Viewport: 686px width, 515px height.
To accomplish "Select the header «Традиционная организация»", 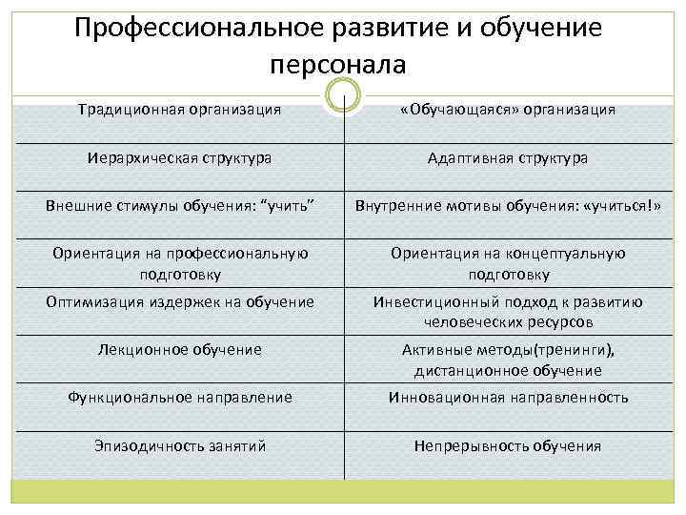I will (179, 109).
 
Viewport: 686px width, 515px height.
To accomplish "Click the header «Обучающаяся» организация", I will (508, 110).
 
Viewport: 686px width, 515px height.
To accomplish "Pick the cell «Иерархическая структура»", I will (179, 156).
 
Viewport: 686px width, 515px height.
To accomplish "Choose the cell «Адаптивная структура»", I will (508, 157).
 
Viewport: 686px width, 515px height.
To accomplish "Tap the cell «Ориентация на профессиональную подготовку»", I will (179, 263).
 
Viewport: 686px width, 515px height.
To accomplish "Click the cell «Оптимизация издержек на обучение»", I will (179, 302).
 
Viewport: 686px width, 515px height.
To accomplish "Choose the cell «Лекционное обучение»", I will (179, 349).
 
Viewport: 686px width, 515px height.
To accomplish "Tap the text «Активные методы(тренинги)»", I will (508, 349).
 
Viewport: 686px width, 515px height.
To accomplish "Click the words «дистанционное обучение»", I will (508, 370).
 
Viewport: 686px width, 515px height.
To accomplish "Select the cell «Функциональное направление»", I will (179, 397).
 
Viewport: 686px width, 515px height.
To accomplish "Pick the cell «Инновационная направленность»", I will (508, 397).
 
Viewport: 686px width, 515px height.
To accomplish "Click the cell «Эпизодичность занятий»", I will (179, 445).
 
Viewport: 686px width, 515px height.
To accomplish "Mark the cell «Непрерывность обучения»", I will (508, 445).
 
